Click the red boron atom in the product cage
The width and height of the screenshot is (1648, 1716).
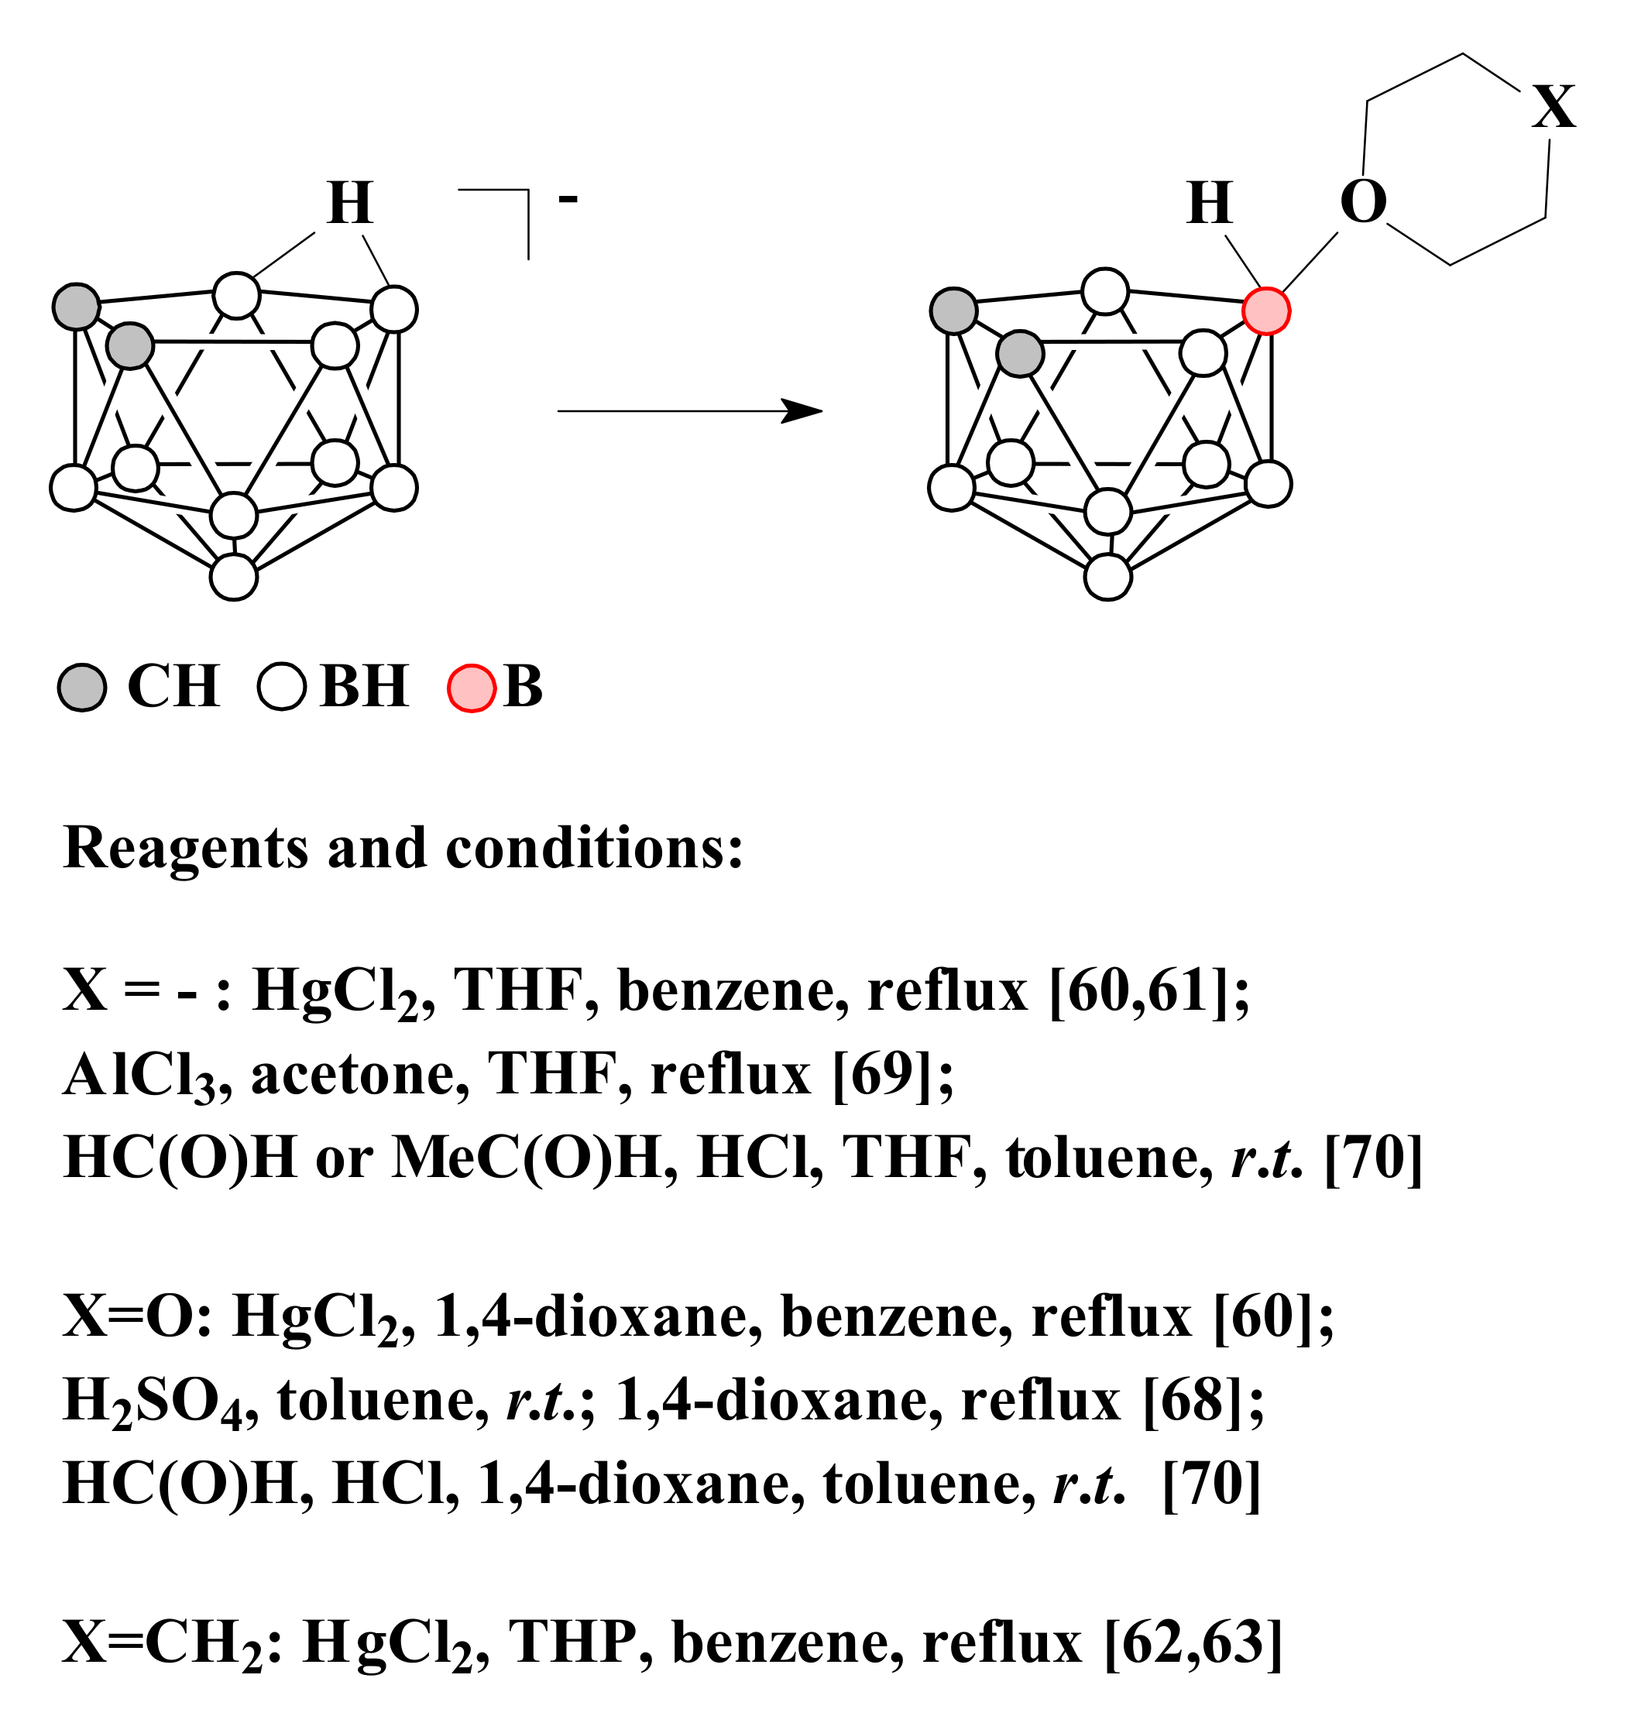[1265, 311]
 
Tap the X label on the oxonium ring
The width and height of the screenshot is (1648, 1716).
[1554, 108]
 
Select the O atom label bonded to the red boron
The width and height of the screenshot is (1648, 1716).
[1362, 202]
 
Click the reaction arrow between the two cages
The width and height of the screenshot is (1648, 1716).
[689, 410]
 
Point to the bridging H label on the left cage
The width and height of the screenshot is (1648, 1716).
[350, 203]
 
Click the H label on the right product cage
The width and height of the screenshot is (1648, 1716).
[1210, 203]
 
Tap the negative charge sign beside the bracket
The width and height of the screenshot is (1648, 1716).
[568, 201]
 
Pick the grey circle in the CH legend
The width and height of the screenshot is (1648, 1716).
[82, 688]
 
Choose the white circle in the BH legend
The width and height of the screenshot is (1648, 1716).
[282, 688]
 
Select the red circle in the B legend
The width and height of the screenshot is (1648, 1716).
[472, 688]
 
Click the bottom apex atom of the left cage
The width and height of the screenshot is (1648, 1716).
[234, 577]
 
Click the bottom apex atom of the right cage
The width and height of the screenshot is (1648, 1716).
[1107, 577]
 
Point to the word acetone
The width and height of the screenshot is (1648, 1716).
[359, 1074]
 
